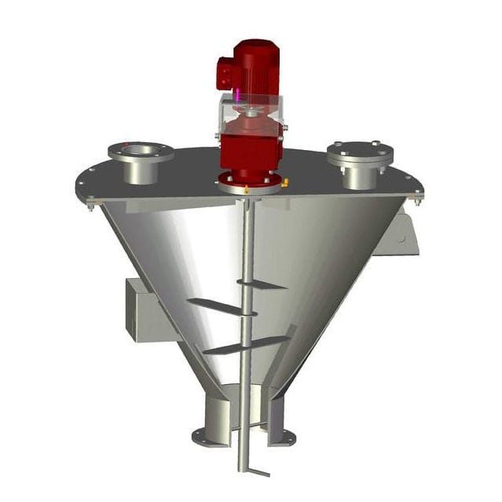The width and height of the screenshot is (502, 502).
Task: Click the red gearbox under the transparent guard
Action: click(250, 152)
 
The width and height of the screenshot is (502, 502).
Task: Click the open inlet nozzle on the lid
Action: click(141, 153)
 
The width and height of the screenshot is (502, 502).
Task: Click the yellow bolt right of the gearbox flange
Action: click(285, 182)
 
